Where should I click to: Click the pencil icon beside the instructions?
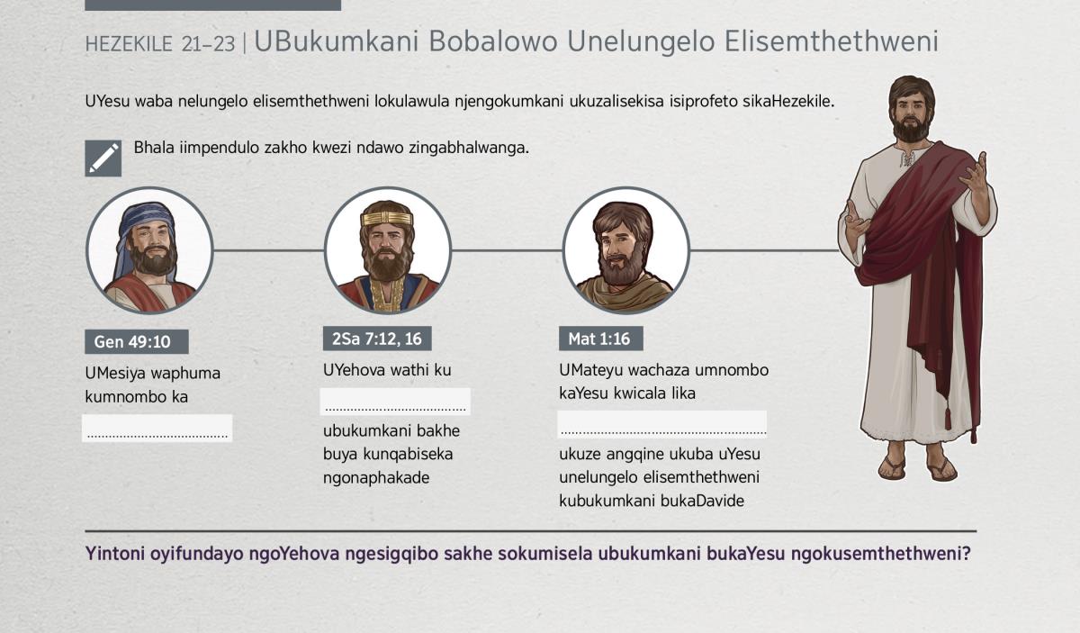103,158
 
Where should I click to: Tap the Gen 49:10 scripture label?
137,341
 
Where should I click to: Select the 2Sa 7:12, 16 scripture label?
377,339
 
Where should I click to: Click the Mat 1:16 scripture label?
601,339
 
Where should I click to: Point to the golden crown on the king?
387,218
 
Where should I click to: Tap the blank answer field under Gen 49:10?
157,428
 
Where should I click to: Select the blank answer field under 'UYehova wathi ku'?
395,402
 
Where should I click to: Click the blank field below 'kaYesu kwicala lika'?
662,425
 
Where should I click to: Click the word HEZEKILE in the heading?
129,44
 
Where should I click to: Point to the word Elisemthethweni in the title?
832,41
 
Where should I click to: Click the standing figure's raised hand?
974,174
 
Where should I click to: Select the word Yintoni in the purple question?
115,554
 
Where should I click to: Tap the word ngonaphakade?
376,478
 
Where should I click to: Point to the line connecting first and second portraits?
268,250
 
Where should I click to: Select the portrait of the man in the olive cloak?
625,250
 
